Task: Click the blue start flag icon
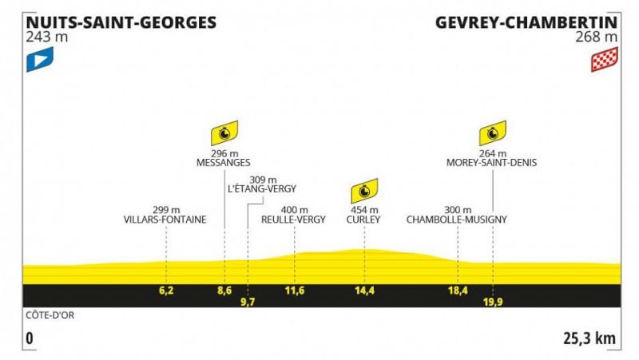pyautogui.click(x=40, y=59)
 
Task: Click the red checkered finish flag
pyautogui.click(x=605, y=59)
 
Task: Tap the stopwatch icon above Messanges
pyautogui.click(x=224, y=133)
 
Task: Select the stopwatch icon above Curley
pyautogui.click(x=364, y=191)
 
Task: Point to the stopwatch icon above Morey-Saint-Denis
pyautogui.click(x=493, y=133)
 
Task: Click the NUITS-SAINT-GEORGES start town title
pyautogui.click(x=121, y=22)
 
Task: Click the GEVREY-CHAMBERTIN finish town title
pyautogui.click(x=526, y=22)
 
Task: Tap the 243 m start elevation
pyautogui.click(x=47, y=37)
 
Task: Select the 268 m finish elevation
pyautogui.click(x=597, y=37)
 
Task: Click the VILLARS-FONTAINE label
pyautogui.click(x=165, y=220)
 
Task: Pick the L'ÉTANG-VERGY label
pyautogui.click(x=262, y=189)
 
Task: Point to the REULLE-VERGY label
pyautogui.click(x=293, y=220)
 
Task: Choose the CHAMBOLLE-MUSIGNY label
pyautogui.click(x=456, y=220)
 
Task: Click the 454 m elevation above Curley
pyautogui.click(x=364, y=210)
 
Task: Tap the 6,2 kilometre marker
pyautogui.click(x=166, y=291)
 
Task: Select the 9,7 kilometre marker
pyautogui.click(x=248, y=302)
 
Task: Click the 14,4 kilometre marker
pyautogui.click(x=364, y=291)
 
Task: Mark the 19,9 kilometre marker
pyautogui.click(x=493, y=302)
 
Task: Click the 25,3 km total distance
pyautogui.click(x=589, y=338)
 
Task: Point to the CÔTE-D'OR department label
pyautogui.click(x=50, y=315)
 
